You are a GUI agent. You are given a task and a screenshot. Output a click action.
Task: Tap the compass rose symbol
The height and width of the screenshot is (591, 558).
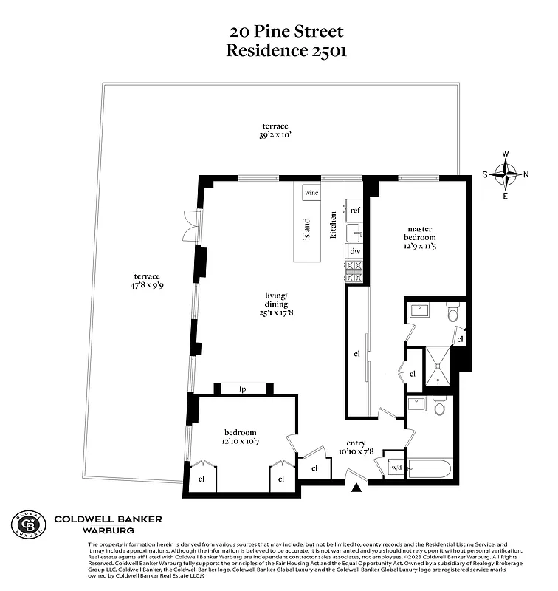[506, 175]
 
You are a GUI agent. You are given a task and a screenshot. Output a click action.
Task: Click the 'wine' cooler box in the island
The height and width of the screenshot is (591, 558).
[311, 192]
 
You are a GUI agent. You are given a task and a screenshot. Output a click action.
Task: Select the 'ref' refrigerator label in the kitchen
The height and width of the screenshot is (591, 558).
[354, 211]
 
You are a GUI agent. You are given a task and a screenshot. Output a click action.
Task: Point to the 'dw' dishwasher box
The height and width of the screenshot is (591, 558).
[354, 251]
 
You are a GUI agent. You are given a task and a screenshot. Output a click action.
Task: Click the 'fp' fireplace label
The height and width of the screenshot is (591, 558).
[242, 389]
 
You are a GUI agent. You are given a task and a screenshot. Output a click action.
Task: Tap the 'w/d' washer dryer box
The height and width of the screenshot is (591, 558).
[395, 467]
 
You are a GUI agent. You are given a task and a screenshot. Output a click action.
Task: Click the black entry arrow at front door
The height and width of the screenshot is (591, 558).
[357, 488]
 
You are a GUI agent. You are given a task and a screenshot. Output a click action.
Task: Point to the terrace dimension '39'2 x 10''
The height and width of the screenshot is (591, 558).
[278, 135]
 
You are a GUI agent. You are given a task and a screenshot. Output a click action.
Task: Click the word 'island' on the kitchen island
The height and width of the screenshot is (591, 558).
[307, 228]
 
